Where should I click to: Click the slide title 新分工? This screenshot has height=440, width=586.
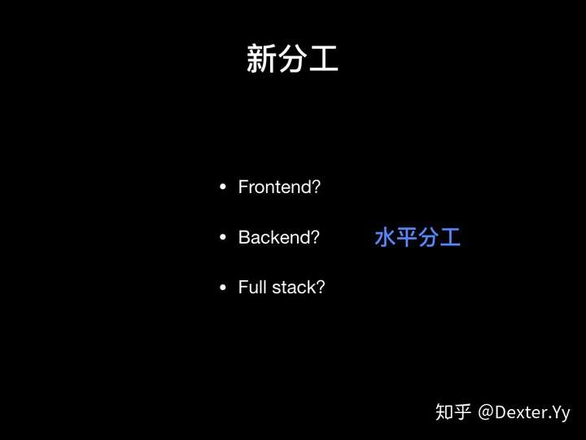point(292,58)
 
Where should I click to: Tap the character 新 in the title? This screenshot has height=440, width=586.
point(261,58)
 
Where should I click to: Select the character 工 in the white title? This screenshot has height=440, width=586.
point(324,58)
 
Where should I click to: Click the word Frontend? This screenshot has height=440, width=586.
point(275,187)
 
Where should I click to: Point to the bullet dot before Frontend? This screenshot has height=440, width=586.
point(223,187)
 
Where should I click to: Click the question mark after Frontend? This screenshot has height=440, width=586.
point(316,187)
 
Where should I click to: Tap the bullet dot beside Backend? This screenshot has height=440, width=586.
point(223,237)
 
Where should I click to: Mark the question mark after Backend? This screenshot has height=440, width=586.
point(316,237)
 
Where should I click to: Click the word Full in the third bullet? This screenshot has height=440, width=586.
point(252,288)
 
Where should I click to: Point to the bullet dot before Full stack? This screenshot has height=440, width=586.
point(223,288)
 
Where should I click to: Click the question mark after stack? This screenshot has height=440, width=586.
point(321,288)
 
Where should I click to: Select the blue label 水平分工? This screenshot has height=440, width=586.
point(418,237)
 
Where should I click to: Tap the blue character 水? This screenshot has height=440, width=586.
point(385,237)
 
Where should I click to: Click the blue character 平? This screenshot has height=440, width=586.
point(407,237)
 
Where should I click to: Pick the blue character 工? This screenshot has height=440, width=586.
point(450,237)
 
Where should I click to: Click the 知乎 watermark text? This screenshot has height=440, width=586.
point(453,412)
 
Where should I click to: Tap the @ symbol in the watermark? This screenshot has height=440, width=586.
point(486,412)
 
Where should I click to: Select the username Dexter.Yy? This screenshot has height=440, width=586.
point(532,413)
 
